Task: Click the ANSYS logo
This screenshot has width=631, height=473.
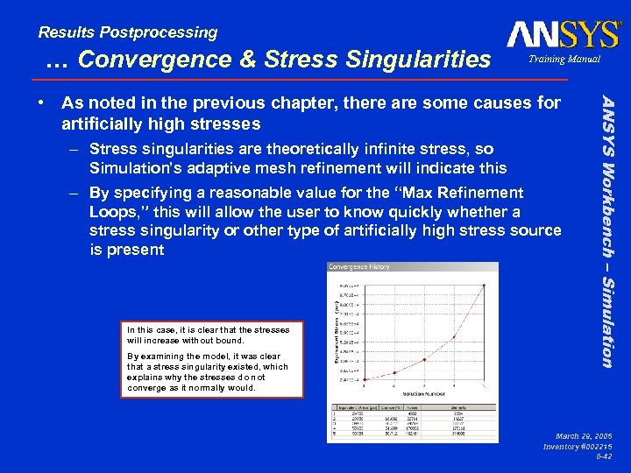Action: tap(563, 34)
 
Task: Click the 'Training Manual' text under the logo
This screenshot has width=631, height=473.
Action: tap(564, 59)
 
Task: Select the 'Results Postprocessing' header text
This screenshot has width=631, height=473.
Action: tap(128, 32)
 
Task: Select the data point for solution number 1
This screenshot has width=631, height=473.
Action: tap(364, 377)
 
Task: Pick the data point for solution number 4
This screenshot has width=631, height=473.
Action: tap(454, 337)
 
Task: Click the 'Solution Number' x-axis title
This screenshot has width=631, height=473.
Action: tap(424, 392)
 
